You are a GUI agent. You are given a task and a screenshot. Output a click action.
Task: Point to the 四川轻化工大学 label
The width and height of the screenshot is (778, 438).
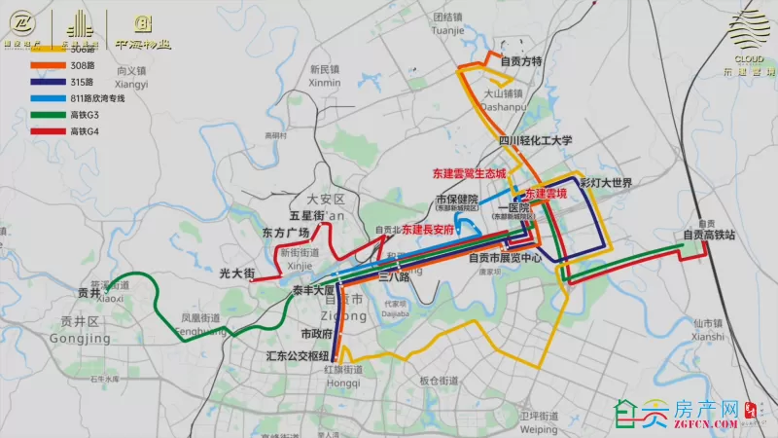point(536,140)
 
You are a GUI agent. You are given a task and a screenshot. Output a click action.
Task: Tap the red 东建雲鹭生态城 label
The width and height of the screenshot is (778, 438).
point(470,174)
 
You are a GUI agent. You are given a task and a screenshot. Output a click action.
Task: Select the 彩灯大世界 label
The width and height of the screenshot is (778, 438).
point(606,183)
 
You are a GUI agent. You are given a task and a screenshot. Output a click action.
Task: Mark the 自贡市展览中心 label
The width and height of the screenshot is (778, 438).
point(505,259)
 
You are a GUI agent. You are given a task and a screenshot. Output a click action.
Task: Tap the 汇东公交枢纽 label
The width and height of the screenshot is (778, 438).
point(298,357)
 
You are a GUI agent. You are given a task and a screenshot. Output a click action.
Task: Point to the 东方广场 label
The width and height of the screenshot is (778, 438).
point(285,233)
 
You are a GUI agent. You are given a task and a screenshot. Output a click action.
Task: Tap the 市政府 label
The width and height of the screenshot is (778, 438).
point(317,334)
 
